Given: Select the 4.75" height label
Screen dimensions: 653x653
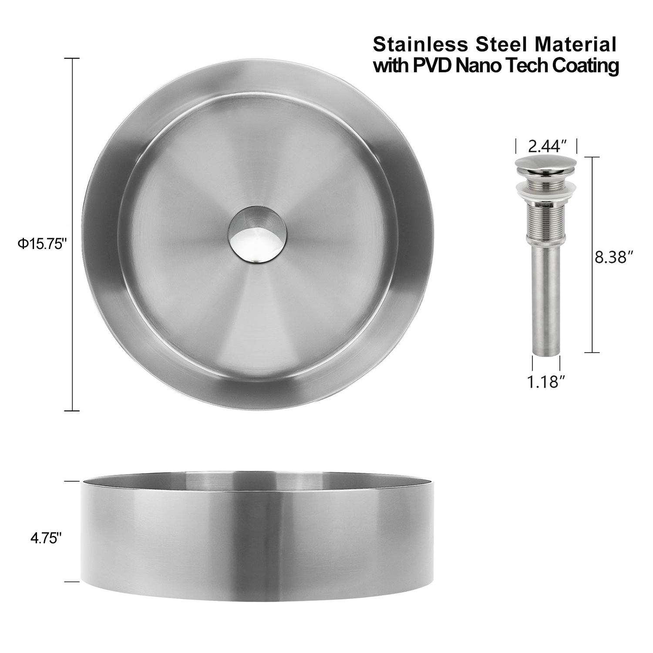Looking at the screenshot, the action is click(44, 539).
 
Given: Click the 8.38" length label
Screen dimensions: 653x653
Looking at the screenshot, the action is click(613, 258).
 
